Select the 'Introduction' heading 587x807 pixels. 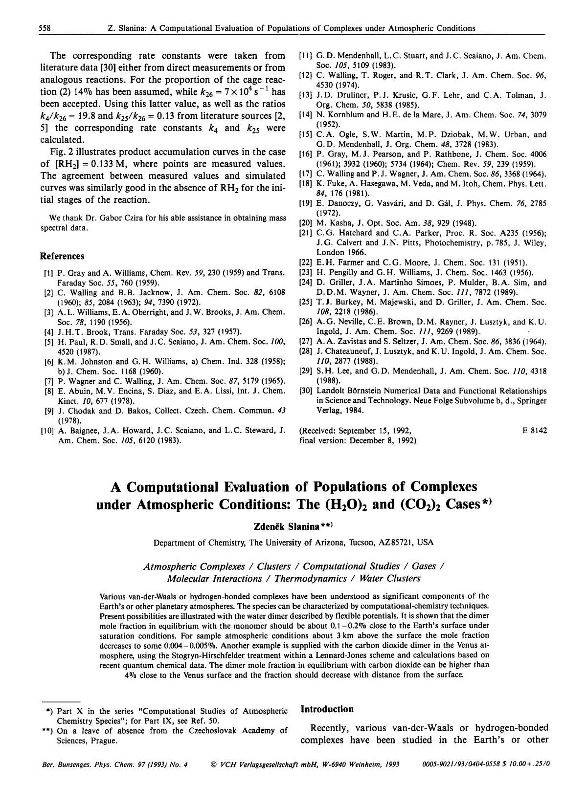327,709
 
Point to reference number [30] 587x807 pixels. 306,391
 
